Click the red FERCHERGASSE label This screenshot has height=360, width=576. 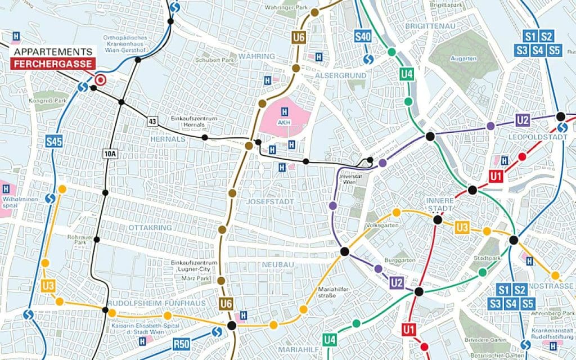53,64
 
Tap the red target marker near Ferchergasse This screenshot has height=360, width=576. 101,80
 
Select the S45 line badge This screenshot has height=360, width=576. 53,142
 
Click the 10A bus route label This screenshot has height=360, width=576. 110,153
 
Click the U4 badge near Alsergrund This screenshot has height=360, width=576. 406,74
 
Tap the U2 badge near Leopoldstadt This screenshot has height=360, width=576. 523,119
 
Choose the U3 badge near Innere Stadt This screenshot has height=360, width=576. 462,227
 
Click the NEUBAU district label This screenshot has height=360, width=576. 274,264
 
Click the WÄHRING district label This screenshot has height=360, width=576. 257,56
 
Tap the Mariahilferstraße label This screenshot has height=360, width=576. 327,292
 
